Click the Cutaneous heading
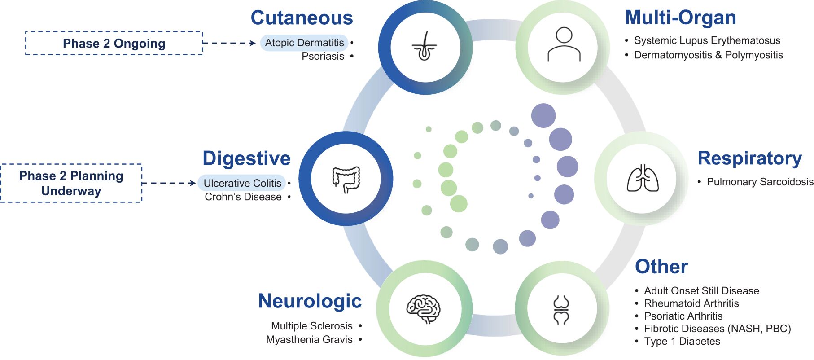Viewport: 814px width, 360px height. click(x=302, y=18)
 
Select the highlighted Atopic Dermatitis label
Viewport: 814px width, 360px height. click(x=304, y=43)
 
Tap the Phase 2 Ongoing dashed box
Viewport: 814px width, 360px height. click(x=114, y=43)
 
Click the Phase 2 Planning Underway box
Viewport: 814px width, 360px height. click(x=71, y=183)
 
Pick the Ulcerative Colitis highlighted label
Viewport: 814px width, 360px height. click(x=242, y=183)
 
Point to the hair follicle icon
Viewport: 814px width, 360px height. click(x=425, y=47)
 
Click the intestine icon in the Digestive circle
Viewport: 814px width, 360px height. click(x=346, y=179)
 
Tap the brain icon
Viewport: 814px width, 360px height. click(x=423, y=309)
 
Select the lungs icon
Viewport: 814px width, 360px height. click(x=643, y=179)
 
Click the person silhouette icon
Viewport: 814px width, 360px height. click(x=564, y=44)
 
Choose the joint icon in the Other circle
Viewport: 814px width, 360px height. click(x=561, y=309)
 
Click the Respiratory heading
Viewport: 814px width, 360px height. click(x=749, y=158)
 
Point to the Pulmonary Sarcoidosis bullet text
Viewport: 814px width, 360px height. click(x=760, y=182)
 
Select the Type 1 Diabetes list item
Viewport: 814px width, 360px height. click(x=682, y=341)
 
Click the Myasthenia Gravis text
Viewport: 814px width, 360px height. click(x=309, y=339)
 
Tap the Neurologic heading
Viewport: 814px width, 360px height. click(x=310, y=301)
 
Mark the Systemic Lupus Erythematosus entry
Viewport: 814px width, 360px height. click(x=707, y=40)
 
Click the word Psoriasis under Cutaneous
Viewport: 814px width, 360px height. click(x=323, y=56)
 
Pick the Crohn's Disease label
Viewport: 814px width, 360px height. click(x=243, y=197)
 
